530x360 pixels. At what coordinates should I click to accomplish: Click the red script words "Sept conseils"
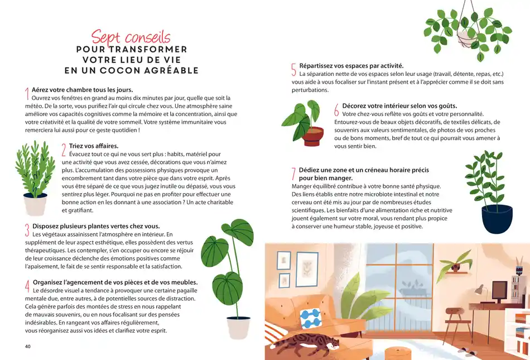point(131,37)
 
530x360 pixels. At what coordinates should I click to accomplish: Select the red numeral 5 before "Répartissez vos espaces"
point(293,69)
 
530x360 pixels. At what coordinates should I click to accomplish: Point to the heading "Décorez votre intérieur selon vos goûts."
point(399,105)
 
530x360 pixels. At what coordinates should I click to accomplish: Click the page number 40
point(28,346)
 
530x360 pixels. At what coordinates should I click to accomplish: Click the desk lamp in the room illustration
point(480,290)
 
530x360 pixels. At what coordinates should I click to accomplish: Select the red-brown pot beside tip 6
point(314,136)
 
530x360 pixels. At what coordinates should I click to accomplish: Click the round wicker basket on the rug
point(398,353)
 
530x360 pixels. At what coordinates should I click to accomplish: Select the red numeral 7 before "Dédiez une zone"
point(293,174)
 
